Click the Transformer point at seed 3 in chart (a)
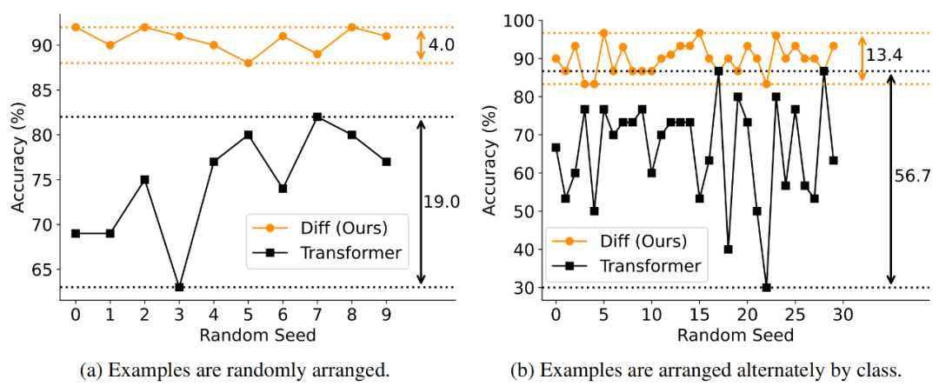click(x=179, y=287)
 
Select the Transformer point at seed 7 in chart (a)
click(x=317, y=116)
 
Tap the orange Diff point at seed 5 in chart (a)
click(x=248, y=63)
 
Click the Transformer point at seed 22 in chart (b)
click(x=766, y=287)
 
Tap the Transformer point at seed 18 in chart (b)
click(x=729, y=250)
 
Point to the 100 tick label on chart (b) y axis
click(x=521, y=21)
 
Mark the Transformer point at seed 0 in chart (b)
click(x=556, y=147)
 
